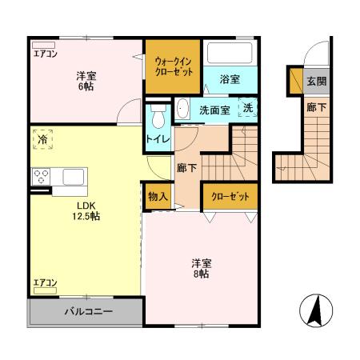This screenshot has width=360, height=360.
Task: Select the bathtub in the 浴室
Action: coord(230,55)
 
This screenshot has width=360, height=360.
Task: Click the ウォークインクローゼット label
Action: coord(174,65)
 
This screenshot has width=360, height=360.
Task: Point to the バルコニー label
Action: coord(88,312)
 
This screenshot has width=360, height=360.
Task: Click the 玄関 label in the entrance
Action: coord(315,82)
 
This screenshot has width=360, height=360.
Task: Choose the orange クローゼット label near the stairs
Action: coord(230,196)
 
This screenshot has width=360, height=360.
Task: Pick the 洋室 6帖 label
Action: coord(87,81)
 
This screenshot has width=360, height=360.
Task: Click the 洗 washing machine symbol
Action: coord(249,108)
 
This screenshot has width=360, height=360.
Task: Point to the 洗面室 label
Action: coord(214,110)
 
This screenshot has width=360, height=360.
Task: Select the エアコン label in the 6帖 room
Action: coord(45,54)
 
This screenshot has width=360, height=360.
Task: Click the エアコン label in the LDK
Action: coord(45,282)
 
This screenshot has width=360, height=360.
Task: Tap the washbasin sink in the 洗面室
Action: coord(183,109)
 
